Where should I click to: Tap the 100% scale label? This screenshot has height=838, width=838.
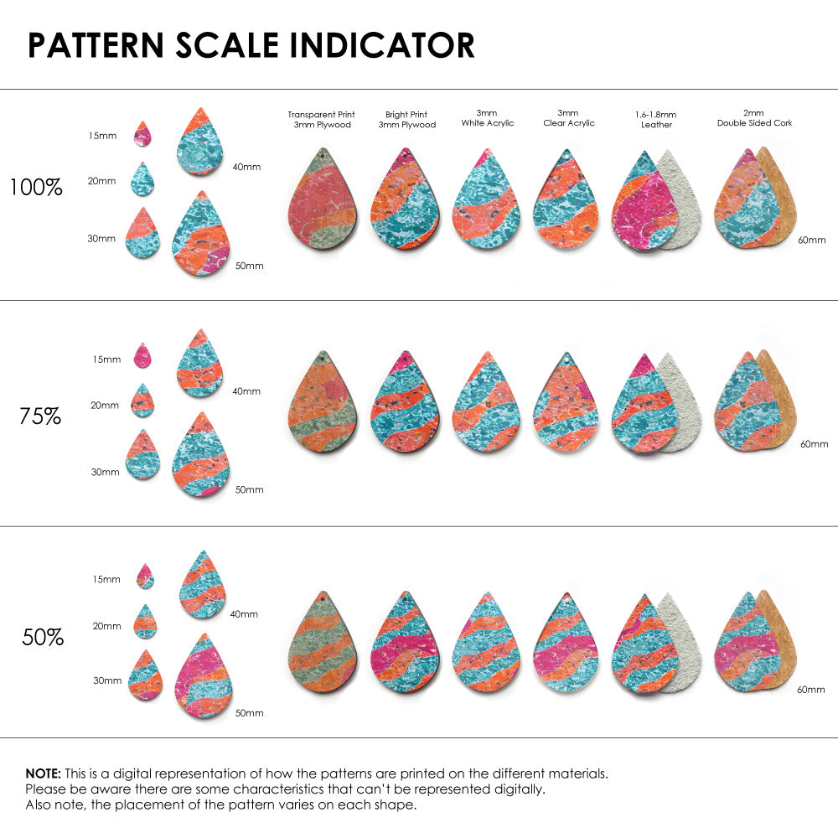(36, 188)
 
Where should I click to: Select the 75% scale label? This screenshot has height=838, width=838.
(40, 416)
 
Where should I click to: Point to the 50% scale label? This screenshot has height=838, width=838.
(43, 638)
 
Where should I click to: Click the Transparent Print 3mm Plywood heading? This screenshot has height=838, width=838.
(321, 120)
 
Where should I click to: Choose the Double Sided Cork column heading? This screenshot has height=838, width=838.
(754, 119)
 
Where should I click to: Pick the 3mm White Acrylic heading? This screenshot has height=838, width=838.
(487, 118)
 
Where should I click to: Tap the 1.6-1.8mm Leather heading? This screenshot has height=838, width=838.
(656, 119)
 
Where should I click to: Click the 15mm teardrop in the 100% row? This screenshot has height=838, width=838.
(142, 134)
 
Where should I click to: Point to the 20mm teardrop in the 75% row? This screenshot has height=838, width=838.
(142, 401)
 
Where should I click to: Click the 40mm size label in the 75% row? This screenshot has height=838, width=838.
(246, 391)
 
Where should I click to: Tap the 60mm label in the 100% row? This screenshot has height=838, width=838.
(811, 241)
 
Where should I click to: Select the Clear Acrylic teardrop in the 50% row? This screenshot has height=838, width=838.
(565, 645)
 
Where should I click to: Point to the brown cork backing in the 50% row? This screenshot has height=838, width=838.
(779, 641)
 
